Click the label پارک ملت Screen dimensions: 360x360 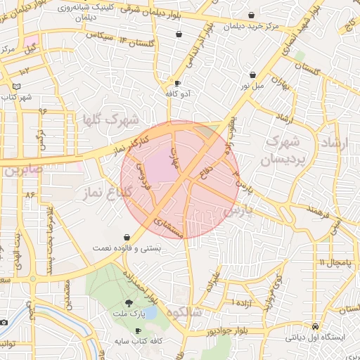point(128,313)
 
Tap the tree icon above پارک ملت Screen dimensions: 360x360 point(128,302)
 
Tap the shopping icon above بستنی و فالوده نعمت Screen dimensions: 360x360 point(126,237)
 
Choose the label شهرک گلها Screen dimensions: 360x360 point(109,120)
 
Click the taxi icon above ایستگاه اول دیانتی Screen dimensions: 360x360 point(314,327)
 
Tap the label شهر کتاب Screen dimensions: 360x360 point(15,96)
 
